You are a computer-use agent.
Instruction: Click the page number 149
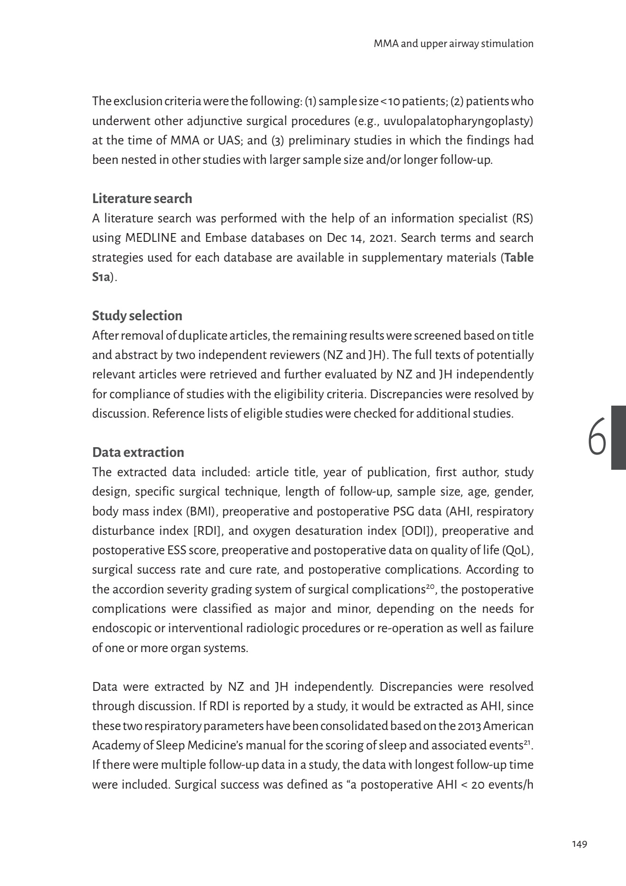coord(579,844)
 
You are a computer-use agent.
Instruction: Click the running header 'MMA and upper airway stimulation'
coord(454,44)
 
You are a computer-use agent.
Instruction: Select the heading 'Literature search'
coord(142,198)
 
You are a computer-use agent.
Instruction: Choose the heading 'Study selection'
coord(137,316)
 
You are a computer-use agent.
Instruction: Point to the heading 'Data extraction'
coord(138,452)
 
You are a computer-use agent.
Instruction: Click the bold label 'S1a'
coord(101,277)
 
